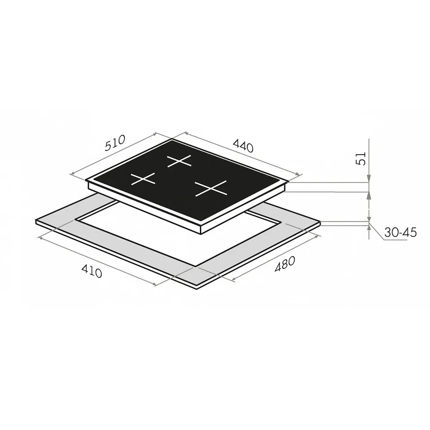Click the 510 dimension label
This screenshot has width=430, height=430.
pos(115,143)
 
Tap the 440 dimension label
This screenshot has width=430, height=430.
pos(243,146)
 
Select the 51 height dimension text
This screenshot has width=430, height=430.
pos(361,159)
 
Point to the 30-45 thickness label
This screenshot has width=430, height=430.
pos(400,232)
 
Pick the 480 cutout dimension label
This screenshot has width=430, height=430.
pos(285,264)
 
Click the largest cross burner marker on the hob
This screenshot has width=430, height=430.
pos(211,188)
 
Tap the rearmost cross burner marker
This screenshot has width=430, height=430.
pos(179,161)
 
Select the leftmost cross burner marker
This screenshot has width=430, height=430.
pos(143,179)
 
